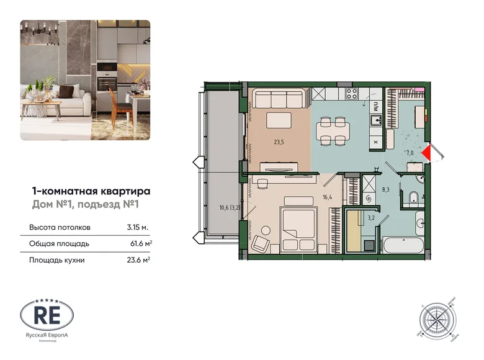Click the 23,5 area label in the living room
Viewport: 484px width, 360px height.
[280, 142]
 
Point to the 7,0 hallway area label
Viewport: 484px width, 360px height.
[410, 151]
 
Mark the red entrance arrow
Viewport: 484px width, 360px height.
[427, 153]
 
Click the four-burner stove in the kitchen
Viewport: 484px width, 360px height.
[351, 94]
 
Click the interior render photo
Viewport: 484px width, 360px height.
[86, 80]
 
